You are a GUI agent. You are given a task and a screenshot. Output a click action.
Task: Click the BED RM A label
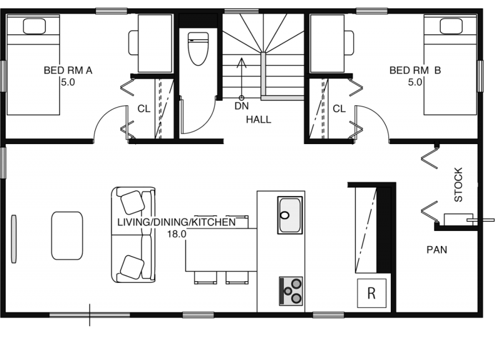point(68,70)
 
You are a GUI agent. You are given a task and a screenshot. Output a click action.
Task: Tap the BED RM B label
point(415,70)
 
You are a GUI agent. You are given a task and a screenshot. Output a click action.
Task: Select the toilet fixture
point(198,49)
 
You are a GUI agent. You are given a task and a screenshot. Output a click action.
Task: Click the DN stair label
point(242,106)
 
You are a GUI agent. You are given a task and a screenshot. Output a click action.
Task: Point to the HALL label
point(259,120)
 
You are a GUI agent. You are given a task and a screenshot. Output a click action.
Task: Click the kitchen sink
point(290,215)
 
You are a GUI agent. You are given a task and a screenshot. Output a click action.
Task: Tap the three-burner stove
point(291,291)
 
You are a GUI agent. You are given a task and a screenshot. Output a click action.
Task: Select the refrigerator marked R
point(371,293)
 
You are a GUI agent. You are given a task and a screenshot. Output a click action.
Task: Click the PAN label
point(436,250)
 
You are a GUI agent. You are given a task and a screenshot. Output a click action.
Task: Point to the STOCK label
point(458,185)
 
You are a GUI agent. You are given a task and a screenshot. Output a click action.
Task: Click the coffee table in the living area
point(67,235)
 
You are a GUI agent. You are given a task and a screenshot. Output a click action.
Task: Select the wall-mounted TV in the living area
point(14,239)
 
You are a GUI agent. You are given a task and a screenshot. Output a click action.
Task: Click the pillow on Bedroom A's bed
point(34,26)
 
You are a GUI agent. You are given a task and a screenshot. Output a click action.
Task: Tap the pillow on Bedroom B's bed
point(451,26)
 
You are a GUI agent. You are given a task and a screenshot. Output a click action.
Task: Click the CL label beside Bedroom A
point(144,109)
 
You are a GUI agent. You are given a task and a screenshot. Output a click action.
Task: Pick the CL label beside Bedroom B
point(339,109)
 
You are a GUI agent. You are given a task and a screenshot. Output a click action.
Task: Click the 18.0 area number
point(177,234)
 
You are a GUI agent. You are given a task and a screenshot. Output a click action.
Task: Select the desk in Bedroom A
point(155,43)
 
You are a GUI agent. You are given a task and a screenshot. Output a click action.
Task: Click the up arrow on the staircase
point(242,79)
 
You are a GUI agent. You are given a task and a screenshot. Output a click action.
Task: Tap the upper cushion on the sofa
point(132,202)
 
